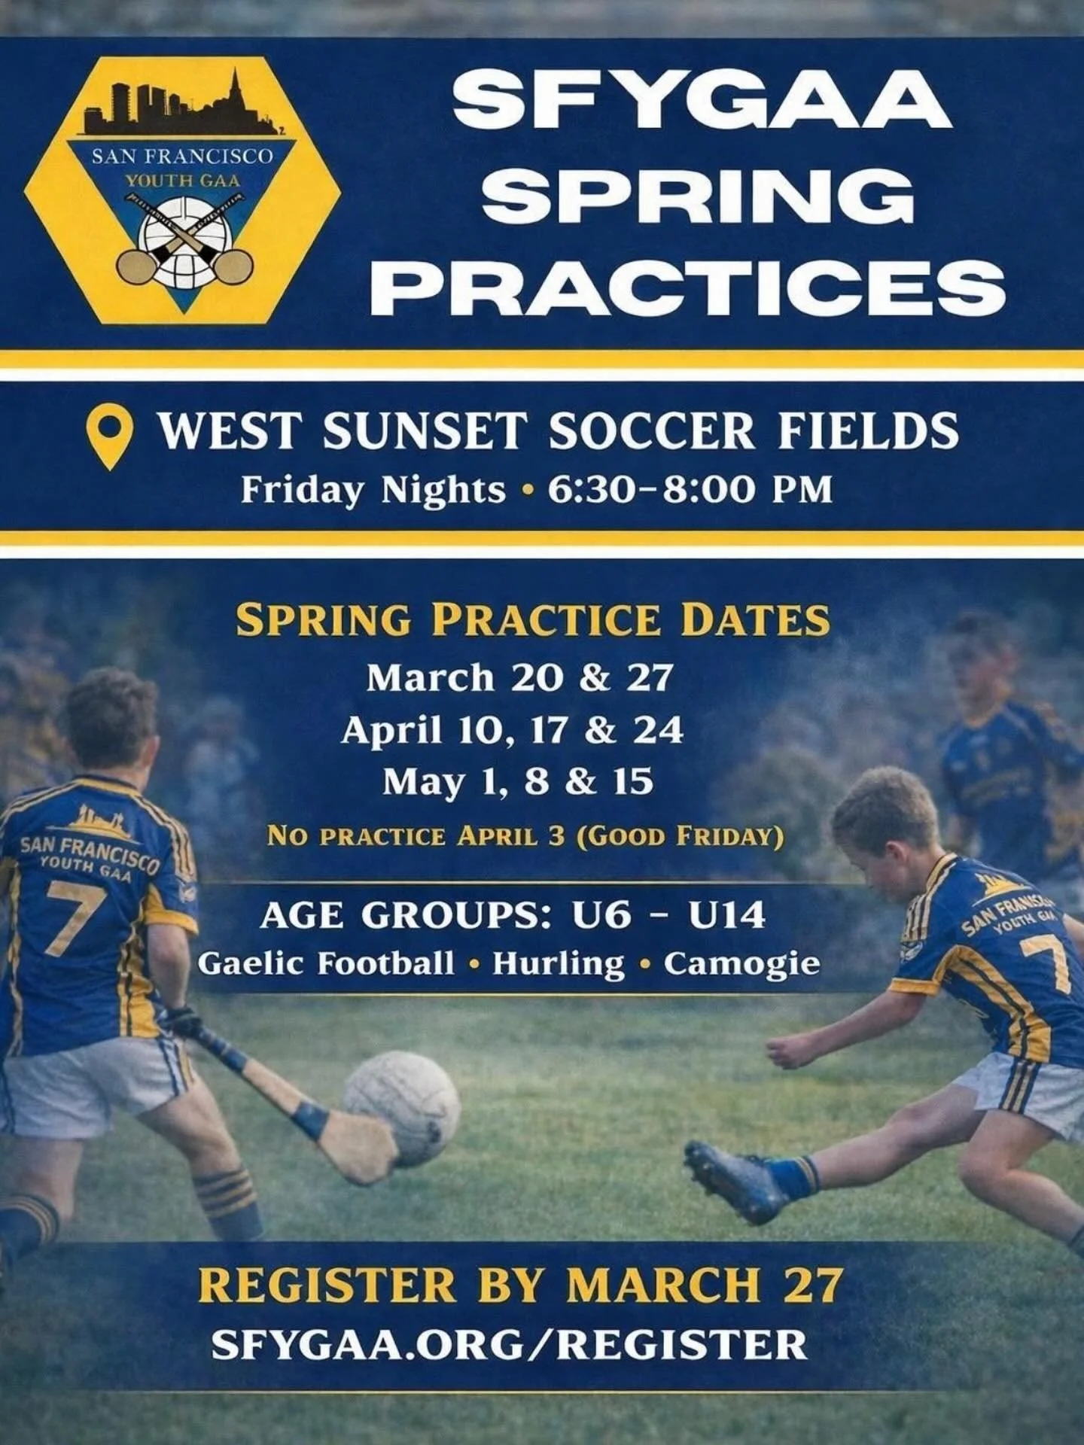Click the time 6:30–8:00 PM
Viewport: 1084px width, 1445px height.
pyautogui.click(x=690, y=490)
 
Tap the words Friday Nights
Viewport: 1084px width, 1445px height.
pyautogui.click(x=373, y=490)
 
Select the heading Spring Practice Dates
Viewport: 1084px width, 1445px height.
pyautogui.click(x=532, y=620)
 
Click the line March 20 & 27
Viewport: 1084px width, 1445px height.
pyautogui.click(x=519, y=677)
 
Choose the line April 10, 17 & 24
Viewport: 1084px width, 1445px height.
pyautogui.click(x=512, y=730)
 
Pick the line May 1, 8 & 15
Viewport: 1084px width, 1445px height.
pyautogui.click(x=517, y=782)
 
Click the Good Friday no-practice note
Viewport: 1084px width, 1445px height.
pyautogui.click(x=525, y=836)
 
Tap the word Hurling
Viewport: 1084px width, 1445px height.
pyautogui.click(x=558, y=964)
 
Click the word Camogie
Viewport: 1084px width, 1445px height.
pyautogui.click(x=741, y=964)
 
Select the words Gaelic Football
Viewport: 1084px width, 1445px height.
pyautogui.click(x=326, y=964)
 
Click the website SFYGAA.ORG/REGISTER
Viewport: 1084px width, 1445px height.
pyautogui.click(x=510, y=1344)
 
